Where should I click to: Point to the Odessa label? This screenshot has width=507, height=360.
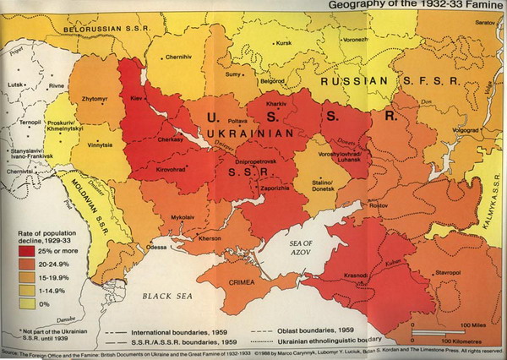156,247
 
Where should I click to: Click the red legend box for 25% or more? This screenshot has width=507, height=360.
28,251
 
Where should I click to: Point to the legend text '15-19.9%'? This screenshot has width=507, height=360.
57,275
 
